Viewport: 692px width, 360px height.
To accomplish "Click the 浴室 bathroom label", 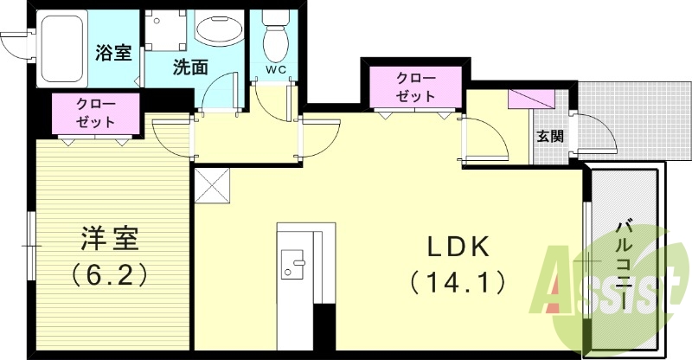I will (x=113, y=53).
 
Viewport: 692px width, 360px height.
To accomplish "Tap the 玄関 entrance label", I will (x=549, y=136).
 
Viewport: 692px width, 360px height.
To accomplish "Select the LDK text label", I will (x=458, y=247).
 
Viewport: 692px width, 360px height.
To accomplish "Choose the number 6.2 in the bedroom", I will (x=107, y=275).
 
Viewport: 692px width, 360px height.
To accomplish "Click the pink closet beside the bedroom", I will (x=94, y=113).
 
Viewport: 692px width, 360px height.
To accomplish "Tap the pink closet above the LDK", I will (x=413, y=87).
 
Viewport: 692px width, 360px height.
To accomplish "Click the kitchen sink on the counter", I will (x=293, y=265).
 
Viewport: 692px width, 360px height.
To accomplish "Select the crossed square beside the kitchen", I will (x=213, y=186).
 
